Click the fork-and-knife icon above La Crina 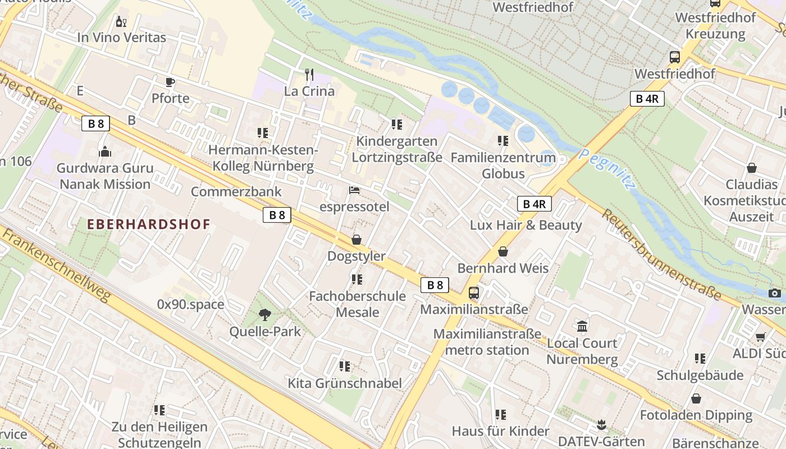click(309, 74)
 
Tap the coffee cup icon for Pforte click(170, 83)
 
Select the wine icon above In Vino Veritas click(121, 22)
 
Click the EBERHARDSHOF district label click(149, 224)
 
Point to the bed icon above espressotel click(354, 190)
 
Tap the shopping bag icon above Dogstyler click(356, 240)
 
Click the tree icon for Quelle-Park click(264, 315)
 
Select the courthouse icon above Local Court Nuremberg click(582, 326)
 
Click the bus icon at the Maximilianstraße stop click(474, 293)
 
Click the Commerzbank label click(236, 191)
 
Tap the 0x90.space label click(190, 304)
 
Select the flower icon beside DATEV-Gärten click(601, 425)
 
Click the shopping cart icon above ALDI click(760, 337)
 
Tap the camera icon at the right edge click(774, 293)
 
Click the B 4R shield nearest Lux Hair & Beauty click(534, 204)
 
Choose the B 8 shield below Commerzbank click(277, 214)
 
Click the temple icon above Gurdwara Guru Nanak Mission click(105, 152)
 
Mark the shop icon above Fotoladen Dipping click(696, 398)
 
